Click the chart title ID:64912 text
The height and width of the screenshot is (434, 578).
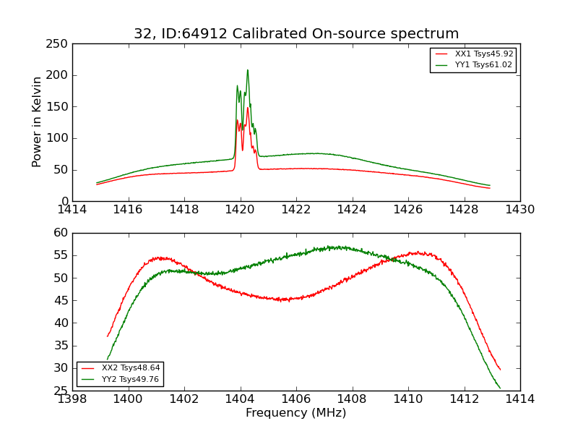296,34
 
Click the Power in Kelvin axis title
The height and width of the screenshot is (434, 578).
37,122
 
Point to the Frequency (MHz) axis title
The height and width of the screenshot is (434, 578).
296,413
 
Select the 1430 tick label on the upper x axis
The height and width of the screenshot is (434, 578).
519,209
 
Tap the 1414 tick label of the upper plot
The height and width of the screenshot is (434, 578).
72,209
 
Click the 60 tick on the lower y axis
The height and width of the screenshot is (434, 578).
61,233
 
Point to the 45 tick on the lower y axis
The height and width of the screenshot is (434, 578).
61,300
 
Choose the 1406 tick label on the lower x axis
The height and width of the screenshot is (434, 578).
296,399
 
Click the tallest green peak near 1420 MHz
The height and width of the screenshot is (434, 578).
247,70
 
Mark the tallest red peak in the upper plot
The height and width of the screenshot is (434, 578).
247,108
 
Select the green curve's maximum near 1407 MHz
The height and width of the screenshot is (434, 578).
331,247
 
